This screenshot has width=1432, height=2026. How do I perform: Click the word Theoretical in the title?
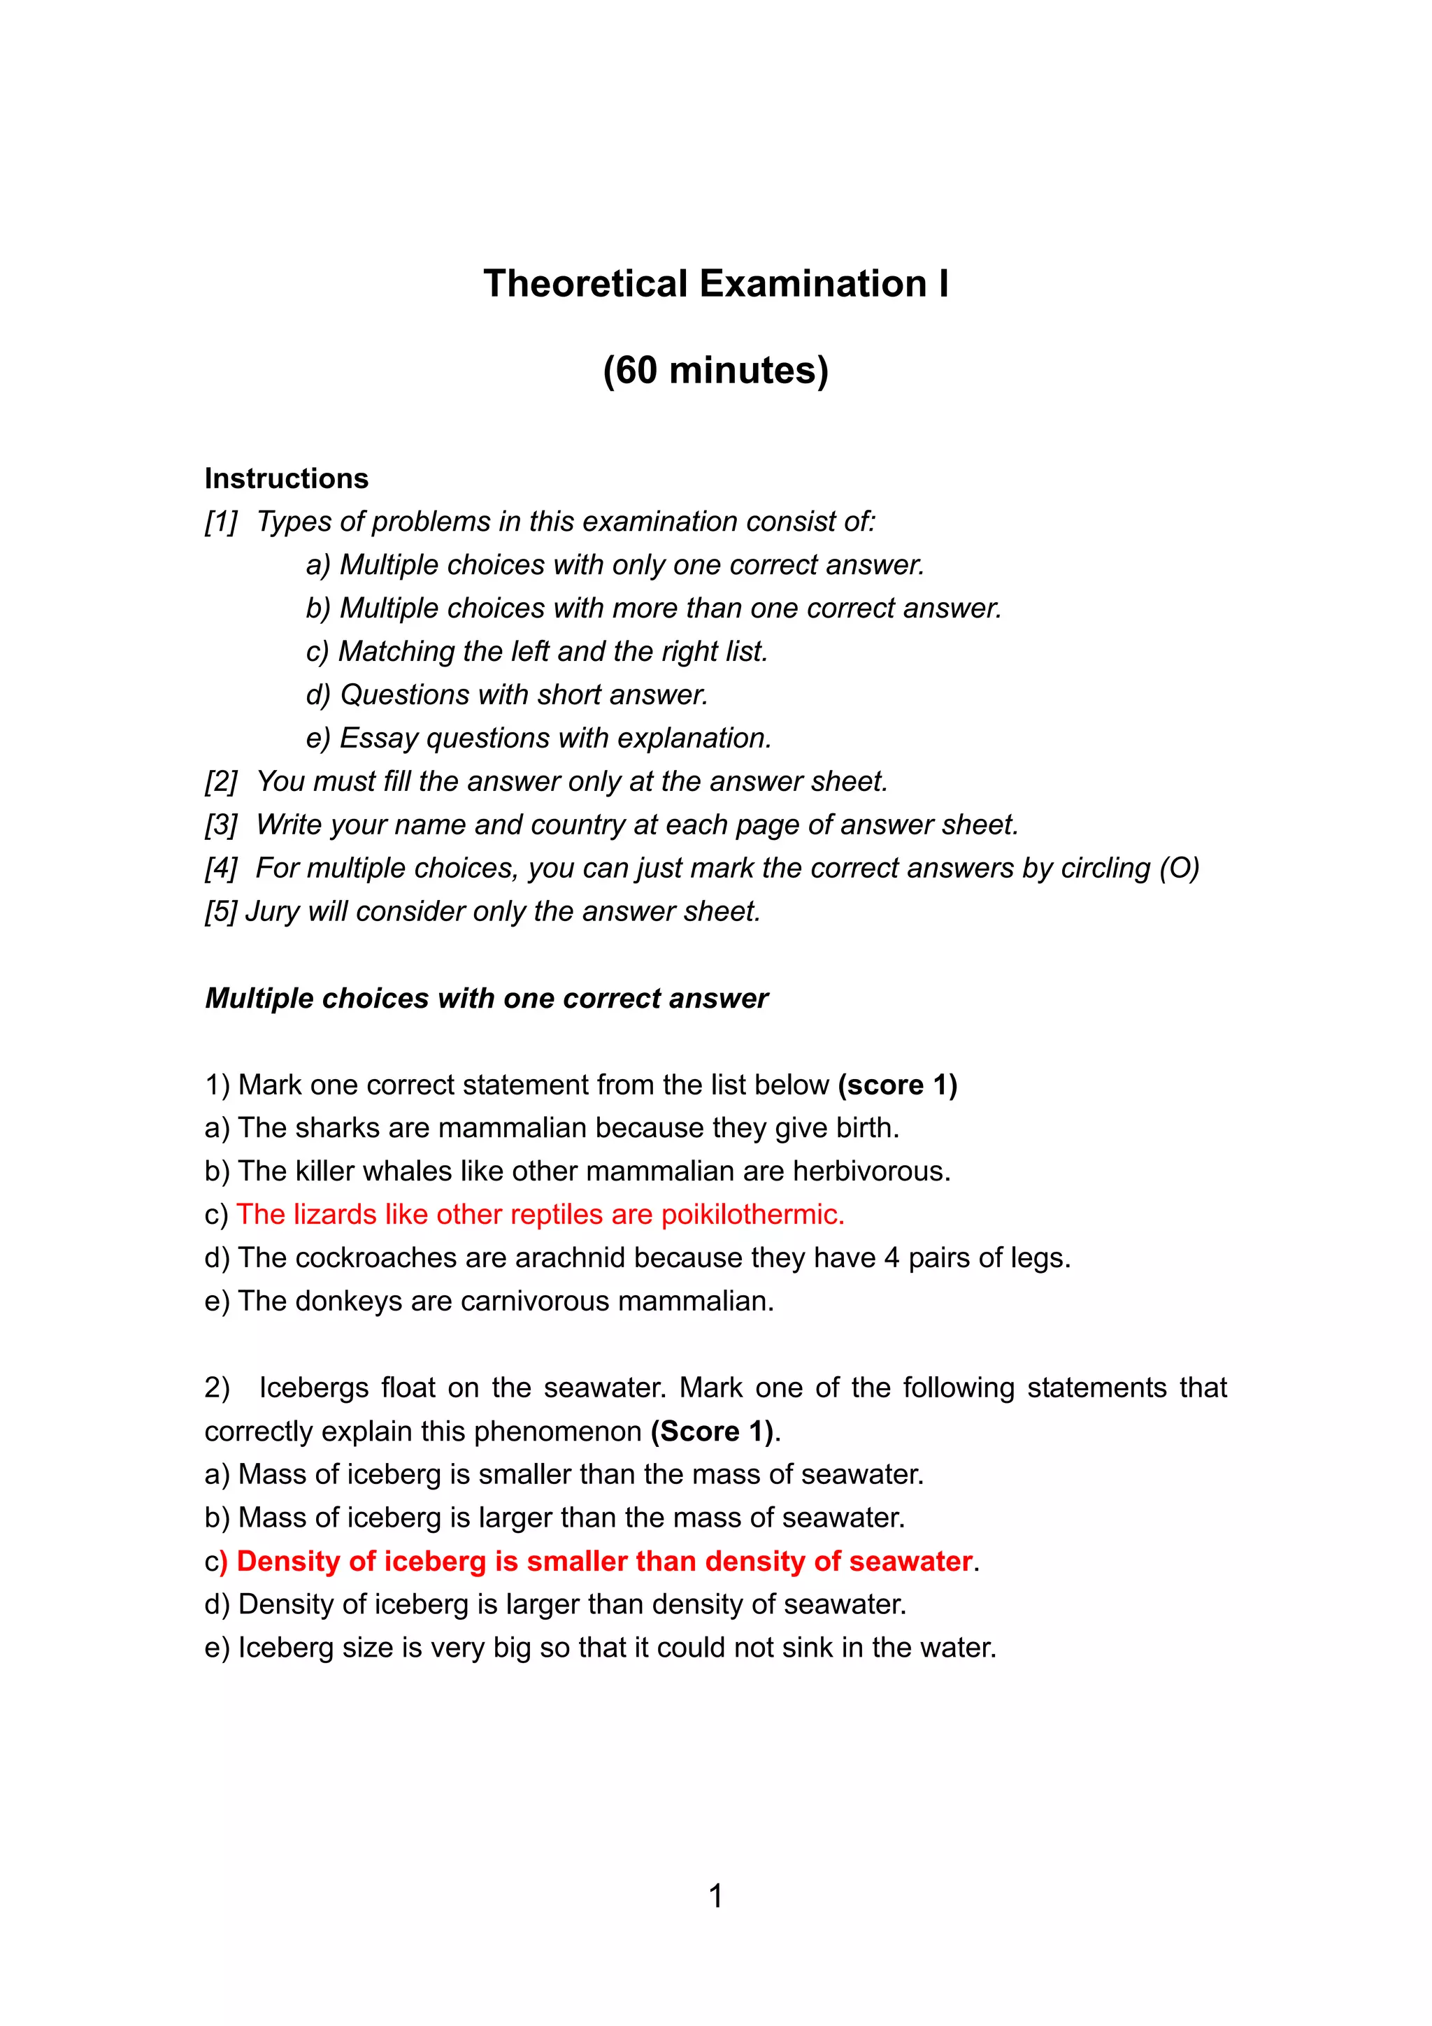click(585, 284)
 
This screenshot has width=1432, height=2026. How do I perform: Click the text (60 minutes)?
click(715, 371)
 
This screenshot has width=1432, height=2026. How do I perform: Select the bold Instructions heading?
click(286, 478)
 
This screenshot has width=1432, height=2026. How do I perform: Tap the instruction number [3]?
click(220, 825)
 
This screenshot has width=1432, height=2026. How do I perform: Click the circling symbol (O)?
click(1179, 869)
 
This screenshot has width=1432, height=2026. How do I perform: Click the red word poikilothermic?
click(752, 1215)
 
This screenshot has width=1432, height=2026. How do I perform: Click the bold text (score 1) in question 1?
click(897, 1085)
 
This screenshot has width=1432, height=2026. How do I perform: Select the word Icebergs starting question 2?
click(314, 1388)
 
